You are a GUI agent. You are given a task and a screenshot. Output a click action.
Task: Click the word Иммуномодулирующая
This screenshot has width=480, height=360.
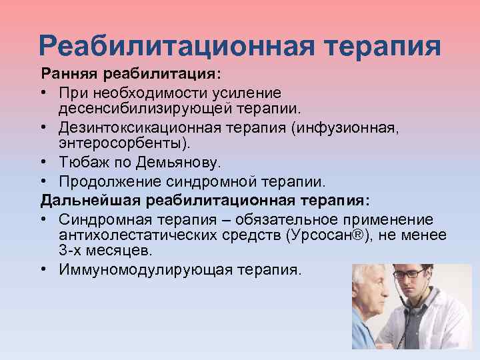tap(138, 269)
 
